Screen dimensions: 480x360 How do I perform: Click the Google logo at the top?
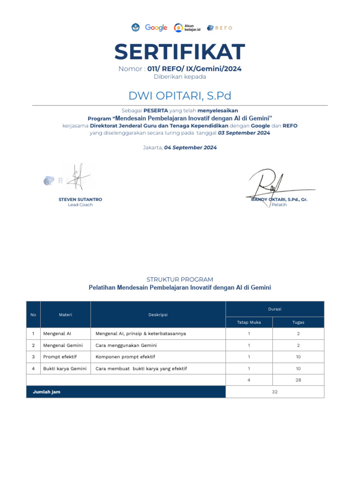point(156,28)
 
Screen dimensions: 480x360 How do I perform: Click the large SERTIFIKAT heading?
point(180,52)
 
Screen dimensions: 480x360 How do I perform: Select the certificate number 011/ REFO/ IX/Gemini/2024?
point(195,69)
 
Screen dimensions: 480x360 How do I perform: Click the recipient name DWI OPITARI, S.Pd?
point(180,96)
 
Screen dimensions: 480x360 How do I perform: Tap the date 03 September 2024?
point(244,133)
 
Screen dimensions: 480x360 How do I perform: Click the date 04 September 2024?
point(190,147)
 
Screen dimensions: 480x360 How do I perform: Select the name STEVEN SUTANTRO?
point(80,199)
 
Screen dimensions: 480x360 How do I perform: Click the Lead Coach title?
point(80,205)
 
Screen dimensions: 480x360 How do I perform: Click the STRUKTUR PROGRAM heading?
point(180,279)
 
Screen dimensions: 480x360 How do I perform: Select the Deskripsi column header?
point(158,315)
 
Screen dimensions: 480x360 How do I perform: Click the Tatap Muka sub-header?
point(249,322)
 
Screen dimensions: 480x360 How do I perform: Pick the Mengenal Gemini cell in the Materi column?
point(63,345)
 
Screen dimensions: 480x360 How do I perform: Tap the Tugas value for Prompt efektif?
point(298,357)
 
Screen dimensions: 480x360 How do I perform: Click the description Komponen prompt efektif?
point(125,357)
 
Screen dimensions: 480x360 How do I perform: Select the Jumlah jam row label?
point(46,392)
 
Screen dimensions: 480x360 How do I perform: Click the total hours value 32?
point(275,392)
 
